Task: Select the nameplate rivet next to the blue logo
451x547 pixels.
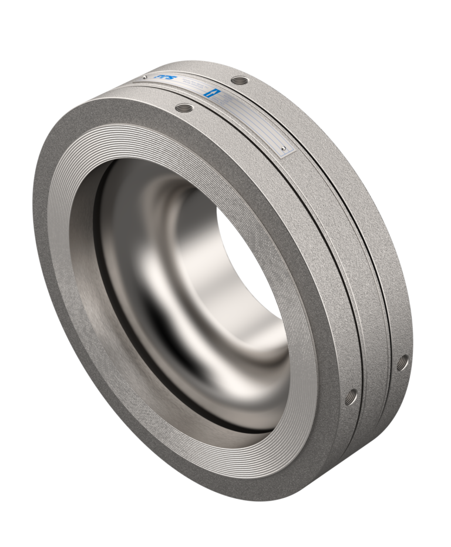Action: pos(144,76)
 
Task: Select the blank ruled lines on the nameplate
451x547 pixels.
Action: pos(258,126)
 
